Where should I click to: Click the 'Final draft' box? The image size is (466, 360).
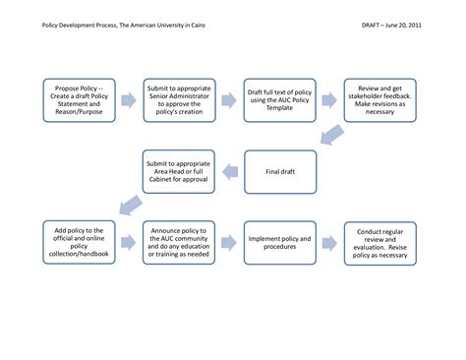281,172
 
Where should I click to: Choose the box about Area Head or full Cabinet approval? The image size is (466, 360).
179,172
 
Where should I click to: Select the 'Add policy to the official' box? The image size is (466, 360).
77,242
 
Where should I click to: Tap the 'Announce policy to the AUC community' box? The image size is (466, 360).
179,242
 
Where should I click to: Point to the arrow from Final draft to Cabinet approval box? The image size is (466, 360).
231,172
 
